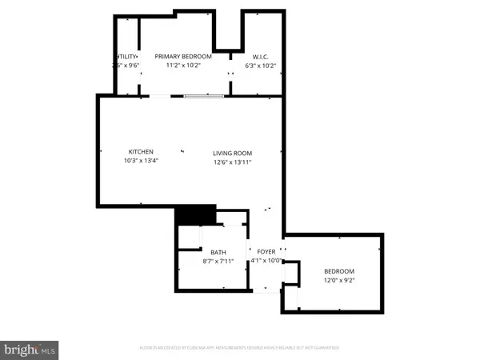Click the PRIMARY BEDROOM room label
point(183,56)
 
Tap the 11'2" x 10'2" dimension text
point(183,66)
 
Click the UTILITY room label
point(126,56)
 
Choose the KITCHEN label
point(141,152)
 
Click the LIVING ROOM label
point(232,153)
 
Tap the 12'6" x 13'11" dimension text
point(232,162)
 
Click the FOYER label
point(266,251)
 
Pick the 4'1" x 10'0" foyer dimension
point(266,261)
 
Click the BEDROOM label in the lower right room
point(338,270)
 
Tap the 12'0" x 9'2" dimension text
point(338,280)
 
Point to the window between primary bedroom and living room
point(203,97)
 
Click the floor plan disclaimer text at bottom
point(240,348)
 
